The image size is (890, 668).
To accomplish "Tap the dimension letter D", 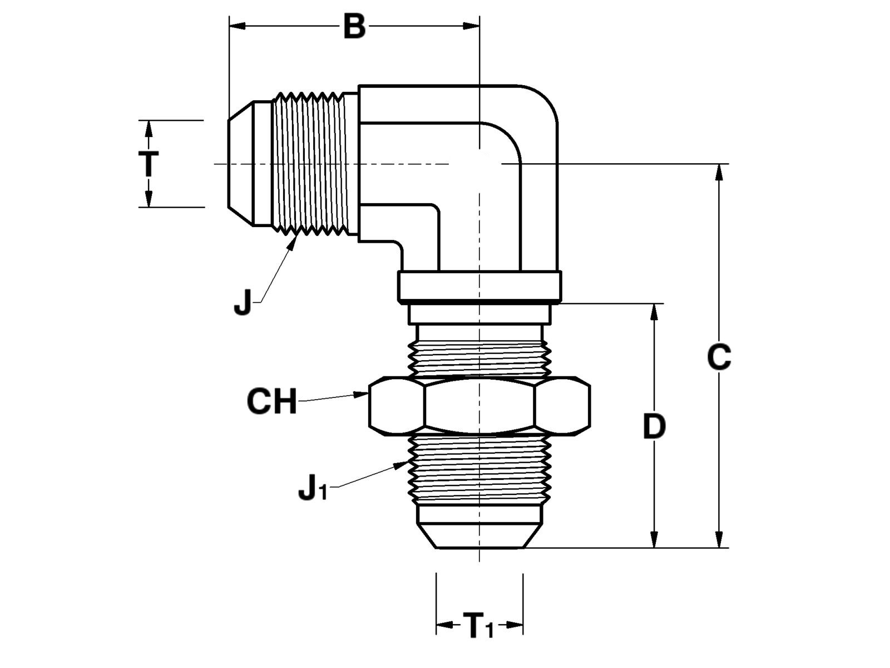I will click(654, 427).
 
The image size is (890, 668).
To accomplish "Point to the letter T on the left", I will click(148, 164).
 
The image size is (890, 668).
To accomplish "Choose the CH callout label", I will click(271, 401).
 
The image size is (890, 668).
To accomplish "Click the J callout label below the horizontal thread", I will click(243, 304).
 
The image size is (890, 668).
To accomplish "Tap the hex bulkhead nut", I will click(479, 405).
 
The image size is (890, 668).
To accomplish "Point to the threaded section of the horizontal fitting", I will click(314, 163).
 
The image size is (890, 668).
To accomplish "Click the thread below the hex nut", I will click(479, 468).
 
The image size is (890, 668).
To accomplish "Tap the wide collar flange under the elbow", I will click(479, 286).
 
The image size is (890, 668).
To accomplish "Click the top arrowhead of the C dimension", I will click(720, 170).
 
